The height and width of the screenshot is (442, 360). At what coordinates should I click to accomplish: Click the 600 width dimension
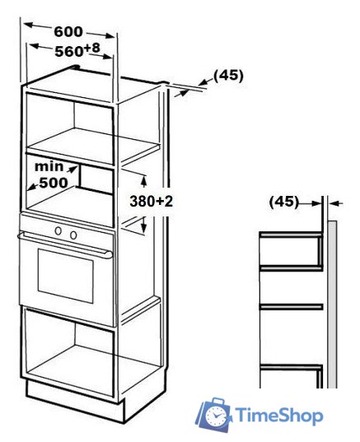click(x=68, y=31)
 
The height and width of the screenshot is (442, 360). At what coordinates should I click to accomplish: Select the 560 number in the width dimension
click(x=69, y=52)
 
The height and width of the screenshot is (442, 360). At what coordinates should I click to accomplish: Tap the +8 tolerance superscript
click(x=92, y=48)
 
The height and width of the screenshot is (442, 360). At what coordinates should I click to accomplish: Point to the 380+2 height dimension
click(x=152, y=202)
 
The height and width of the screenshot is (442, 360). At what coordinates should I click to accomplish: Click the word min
click(x=49, y=166)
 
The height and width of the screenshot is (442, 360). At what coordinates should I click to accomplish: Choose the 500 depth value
click(x=54, y=183)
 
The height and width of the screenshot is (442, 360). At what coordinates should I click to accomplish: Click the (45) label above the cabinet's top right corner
click(x=228, y=76)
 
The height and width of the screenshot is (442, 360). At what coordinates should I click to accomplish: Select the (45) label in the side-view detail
click(x=284, y=202)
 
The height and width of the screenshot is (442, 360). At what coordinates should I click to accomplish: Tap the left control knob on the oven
click(x=58, y=230)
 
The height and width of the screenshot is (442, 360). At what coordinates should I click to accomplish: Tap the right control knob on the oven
click(x=73, y=235)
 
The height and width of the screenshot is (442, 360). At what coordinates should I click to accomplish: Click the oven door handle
click(x=65, y=244)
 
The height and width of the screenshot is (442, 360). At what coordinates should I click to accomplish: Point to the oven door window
click(x=65, y=276)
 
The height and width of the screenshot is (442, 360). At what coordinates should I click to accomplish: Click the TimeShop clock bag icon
click(x=213, y=416)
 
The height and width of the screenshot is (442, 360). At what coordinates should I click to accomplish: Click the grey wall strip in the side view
click(x=332, y=305)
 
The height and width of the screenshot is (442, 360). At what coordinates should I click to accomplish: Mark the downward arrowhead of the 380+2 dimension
click(x=143, y=227)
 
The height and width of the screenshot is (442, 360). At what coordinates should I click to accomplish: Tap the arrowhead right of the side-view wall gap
click(x=334, y=202)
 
